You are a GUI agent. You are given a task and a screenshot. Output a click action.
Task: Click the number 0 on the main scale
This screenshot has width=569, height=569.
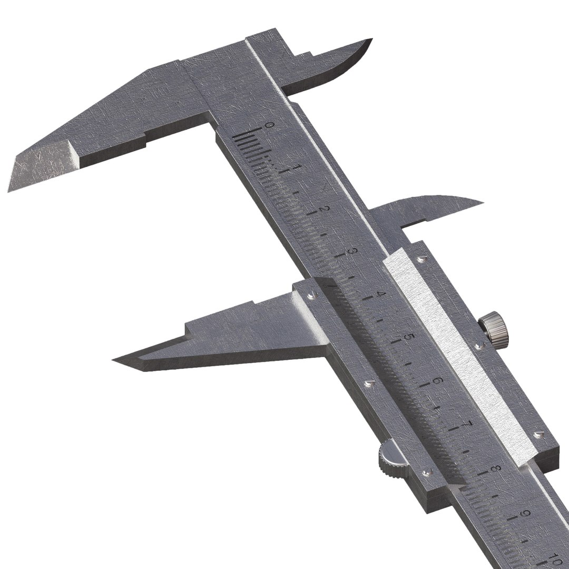click(270, 125)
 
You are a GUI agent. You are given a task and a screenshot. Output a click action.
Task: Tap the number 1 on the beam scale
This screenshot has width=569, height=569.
click(297, 168)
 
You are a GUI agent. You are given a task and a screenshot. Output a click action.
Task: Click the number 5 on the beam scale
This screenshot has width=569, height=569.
click(406, 337)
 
